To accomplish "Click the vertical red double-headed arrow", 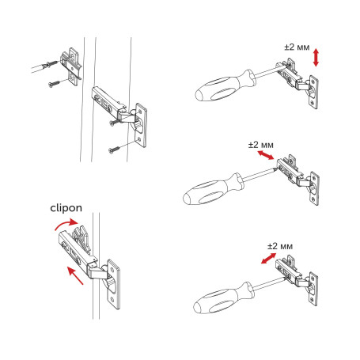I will [316, 57].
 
